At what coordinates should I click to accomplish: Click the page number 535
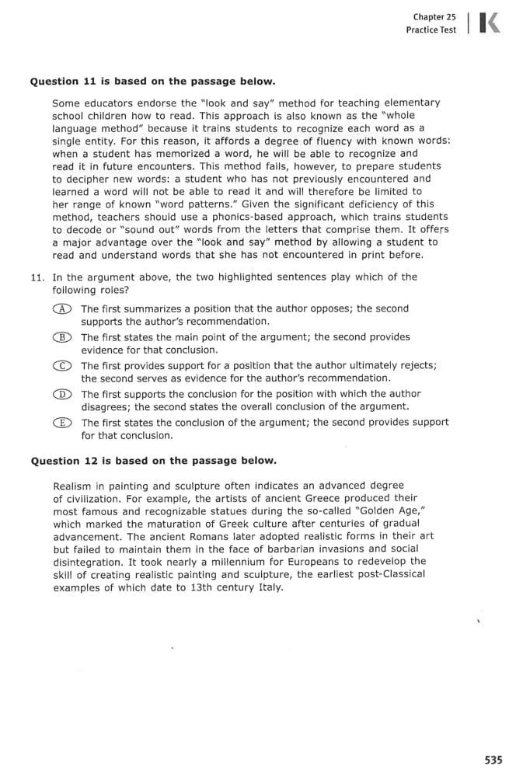tap(493, 760)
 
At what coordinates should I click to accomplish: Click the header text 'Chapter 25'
tap(434, 16)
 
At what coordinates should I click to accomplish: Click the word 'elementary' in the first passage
tap(411, 103)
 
